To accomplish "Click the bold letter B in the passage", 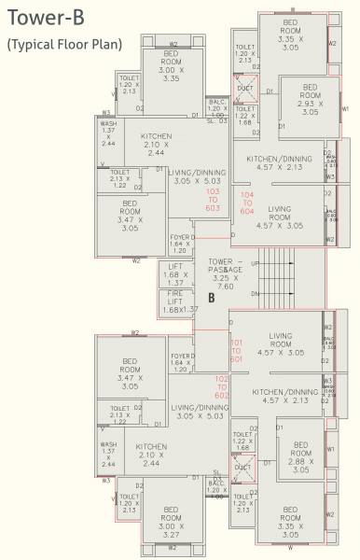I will pyautogui.click(x=212, y=299).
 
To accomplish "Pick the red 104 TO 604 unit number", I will pyautogui.click(x=246, y=203).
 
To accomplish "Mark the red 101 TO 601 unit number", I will pyautogui.click(x=212, y=351).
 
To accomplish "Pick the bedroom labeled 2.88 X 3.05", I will pyautogui.click(x=300, y=458).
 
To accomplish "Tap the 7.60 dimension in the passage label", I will pyautogui.click(x=226, y=286).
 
